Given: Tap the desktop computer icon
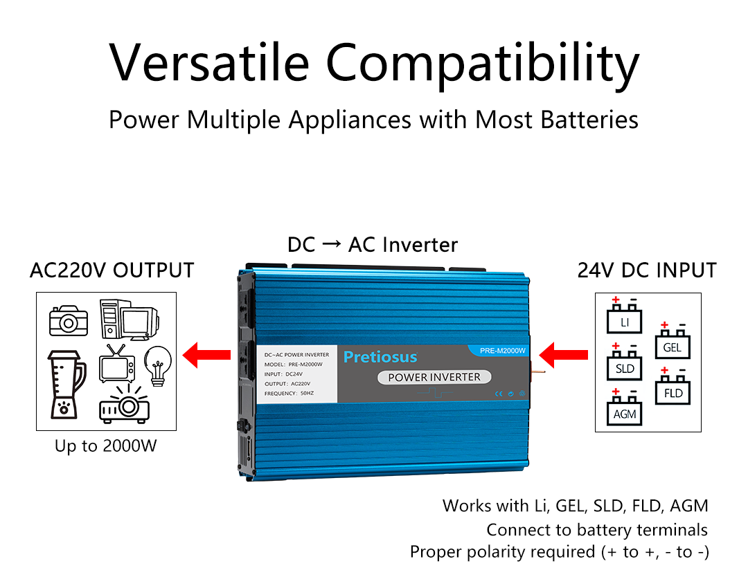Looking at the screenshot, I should coord(129,320).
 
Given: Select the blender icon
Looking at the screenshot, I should coord(66,384).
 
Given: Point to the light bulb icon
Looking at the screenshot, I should coord(158,365).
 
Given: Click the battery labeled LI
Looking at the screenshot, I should coord(625,320).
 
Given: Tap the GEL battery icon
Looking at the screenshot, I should coord(673,345).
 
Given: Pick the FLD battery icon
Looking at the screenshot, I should coord(673,392).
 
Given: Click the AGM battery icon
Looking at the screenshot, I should coord(625,412).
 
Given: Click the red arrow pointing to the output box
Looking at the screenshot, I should coord(206,356).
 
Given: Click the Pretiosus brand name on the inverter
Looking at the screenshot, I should coord(380,357).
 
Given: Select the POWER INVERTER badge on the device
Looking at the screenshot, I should coord(434,377).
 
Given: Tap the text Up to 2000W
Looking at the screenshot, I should coord(106,446).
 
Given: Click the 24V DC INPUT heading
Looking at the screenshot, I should coord(647,270).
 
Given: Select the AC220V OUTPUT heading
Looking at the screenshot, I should coord(112,270).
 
